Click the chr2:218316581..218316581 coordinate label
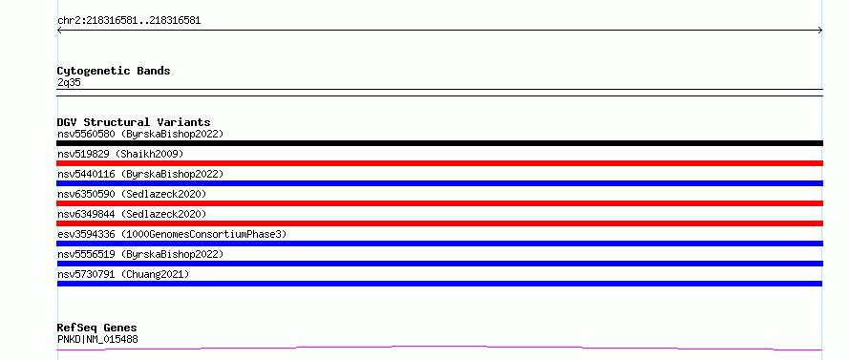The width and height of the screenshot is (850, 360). pos(129,21)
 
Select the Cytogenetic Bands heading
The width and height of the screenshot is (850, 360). pos(114,71)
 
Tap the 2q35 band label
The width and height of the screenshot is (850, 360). pos(70,82)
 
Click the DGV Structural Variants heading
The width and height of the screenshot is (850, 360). pos(134,122)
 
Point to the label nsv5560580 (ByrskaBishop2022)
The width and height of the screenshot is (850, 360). pos(140,134)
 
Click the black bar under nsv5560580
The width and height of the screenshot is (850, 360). pos(439,143)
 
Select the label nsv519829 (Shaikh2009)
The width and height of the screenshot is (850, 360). pos(120,154)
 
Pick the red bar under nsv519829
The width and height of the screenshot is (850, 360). pos(439,163)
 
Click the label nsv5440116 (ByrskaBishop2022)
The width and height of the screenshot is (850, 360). pos(140,174)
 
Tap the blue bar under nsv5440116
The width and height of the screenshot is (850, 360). pos(439,183)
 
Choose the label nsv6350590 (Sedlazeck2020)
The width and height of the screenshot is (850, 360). pos(132,194)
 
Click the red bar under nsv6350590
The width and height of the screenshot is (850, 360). pos(439,203)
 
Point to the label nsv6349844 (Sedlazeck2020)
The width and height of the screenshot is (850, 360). pos(132,214)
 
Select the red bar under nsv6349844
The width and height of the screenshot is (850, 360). pos(439,223)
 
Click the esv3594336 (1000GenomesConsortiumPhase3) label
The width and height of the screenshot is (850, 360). pos(172,234)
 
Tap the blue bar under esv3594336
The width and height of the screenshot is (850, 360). pos(439,244)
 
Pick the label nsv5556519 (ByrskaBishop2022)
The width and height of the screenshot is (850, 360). pos(140,254)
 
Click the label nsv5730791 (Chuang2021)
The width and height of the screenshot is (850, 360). pos(123,274)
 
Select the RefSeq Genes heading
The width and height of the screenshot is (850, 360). pos(97,328)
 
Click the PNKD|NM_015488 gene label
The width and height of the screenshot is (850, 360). pos(97,339)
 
